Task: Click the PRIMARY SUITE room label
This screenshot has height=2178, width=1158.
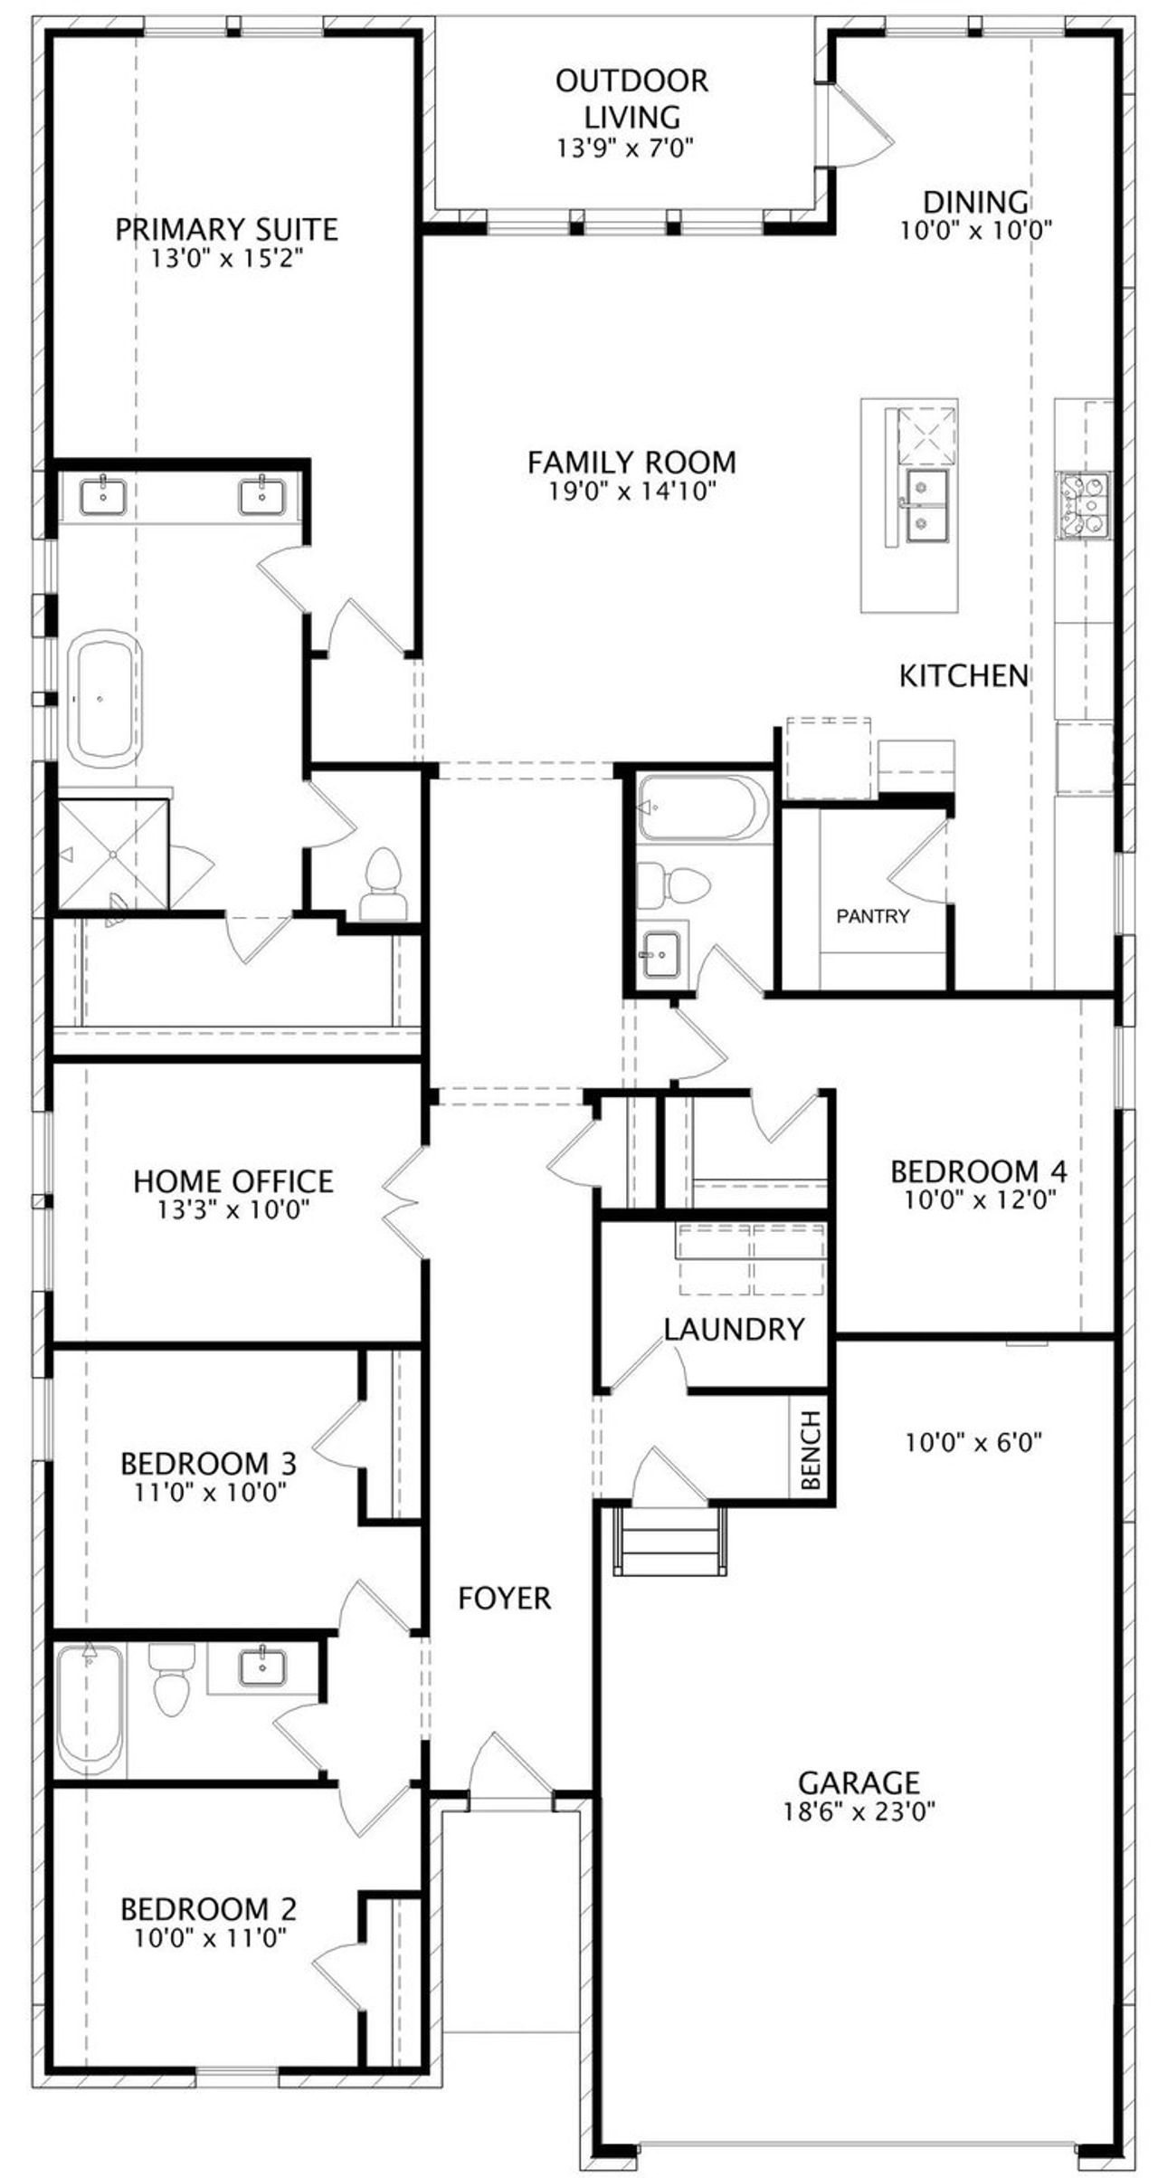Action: (226, 229)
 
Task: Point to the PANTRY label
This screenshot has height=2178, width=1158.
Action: (873, 916)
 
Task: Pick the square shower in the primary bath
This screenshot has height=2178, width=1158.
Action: (113, 854)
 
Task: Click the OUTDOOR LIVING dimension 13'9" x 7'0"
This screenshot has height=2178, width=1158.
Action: (625, 148)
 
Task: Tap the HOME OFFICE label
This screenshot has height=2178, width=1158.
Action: (233, 1180)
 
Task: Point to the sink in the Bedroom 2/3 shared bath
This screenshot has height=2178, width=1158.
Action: (262, 1664)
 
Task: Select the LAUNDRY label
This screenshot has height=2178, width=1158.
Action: (734, 1329)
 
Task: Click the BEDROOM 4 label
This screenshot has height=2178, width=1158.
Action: (979, 1171)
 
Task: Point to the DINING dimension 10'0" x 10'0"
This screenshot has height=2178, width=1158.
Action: (976, 230)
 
